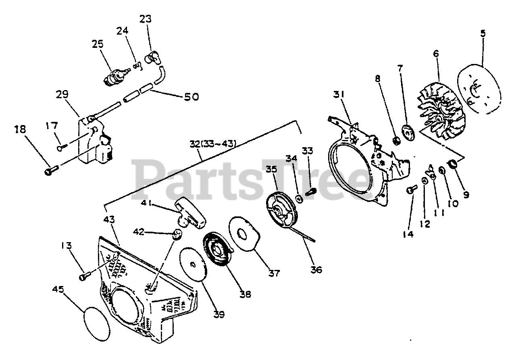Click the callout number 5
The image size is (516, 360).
pyautogui.click(x=483, y=34)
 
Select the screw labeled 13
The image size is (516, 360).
pyautogui.click(x=84, y=277)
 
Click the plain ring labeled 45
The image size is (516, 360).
pyautogui.click(x=98, y=324)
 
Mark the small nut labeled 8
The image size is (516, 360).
pyautogui.click(x=396, y=141)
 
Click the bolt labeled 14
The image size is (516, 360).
pyautogui.click(x=410, y=189)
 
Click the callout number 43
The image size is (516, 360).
pyautogui.click(x=109, y=220)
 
